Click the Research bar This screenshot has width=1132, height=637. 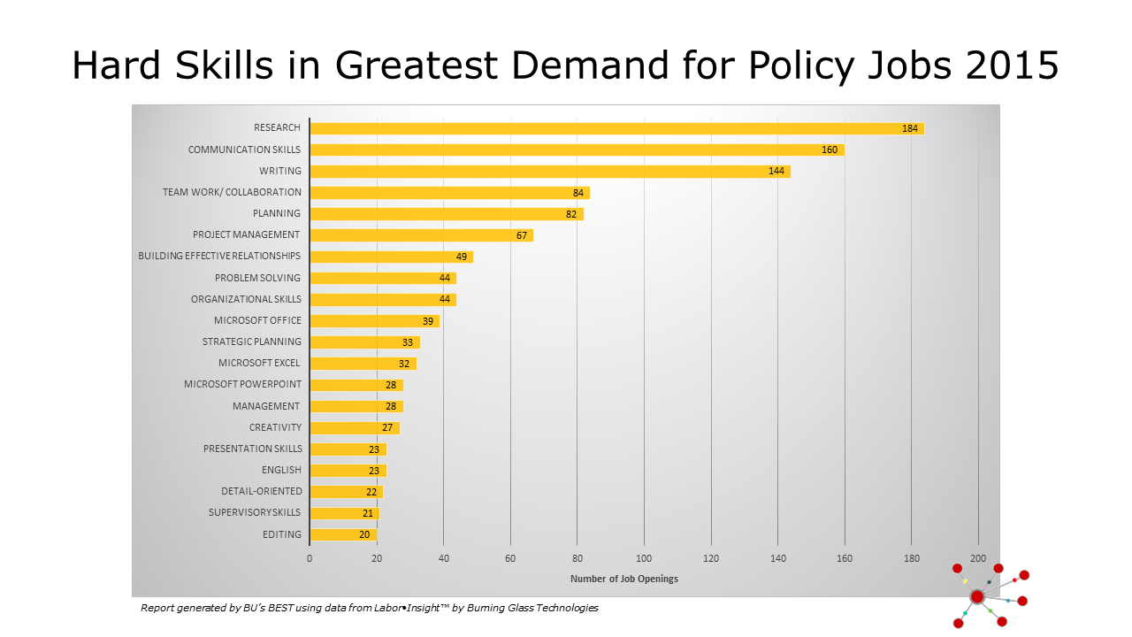616,128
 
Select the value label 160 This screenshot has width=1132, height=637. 830,150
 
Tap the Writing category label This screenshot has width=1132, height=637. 279,171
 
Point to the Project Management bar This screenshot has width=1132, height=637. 421,235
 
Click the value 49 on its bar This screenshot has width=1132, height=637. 461,257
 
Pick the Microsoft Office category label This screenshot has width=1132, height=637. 257,320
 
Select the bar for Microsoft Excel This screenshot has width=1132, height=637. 363,364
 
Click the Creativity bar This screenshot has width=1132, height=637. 354,427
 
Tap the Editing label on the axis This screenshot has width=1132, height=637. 281,534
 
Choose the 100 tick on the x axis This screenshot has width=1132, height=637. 644,558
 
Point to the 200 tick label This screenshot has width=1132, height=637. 978,558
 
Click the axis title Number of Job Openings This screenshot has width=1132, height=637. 624,579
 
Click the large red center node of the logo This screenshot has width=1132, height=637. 977,597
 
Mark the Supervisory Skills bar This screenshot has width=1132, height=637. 344,513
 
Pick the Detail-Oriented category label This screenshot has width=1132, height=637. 261,491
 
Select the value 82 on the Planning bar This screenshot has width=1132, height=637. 571,214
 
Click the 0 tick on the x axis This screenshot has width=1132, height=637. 310,558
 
